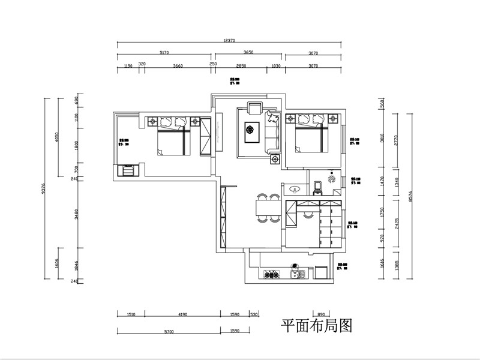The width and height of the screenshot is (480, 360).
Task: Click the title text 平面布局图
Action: click(x=316, y=326)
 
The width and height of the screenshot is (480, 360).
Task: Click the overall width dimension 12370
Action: click(x=229, y=40)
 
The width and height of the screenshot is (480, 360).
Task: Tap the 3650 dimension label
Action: click(x=248, y=53)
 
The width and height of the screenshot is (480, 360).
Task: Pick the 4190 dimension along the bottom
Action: click(x=183, y=314)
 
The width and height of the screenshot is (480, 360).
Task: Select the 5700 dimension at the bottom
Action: click(x=169, y=331)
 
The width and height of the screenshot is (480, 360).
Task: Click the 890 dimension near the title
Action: click(x=321, y=314)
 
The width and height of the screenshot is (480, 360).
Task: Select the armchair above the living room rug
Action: click(x=254, y=109)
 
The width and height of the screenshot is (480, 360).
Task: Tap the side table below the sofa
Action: click(x=275, y=160)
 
